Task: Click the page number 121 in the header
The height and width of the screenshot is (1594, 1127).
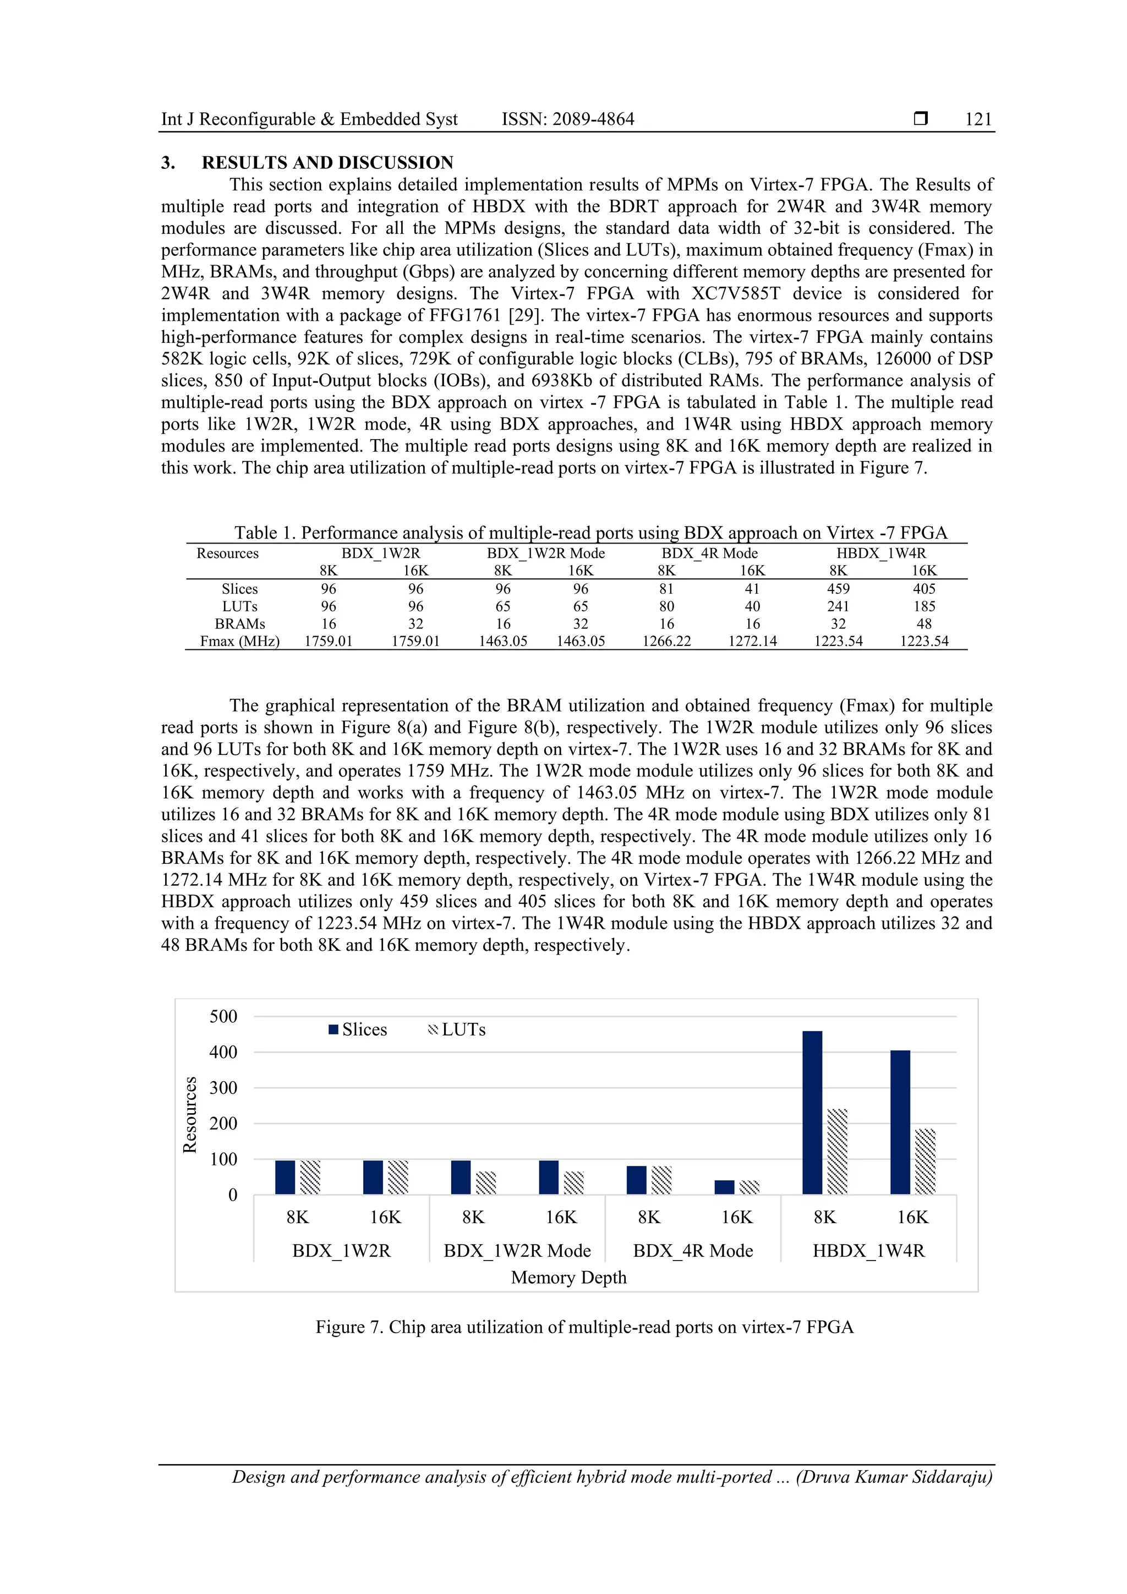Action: (x=978, y=119)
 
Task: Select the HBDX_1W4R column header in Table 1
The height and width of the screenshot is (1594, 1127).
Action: (x=880, y=554)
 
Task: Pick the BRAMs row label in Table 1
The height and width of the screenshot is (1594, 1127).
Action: (x=239, y=623)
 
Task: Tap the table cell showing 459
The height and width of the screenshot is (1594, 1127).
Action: (x=838, y=589)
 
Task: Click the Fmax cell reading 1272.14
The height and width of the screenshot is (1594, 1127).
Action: (x=752, y=642)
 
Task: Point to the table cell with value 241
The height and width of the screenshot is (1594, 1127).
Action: (x=838, y=606)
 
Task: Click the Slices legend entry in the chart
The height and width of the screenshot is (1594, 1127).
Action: (x=358, y=1029)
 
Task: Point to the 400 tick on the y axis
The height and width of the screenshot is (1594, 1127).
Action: (x=223, y=1052)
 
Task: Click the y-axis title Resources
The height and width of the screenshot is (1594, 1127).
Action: (x=189, y=1115)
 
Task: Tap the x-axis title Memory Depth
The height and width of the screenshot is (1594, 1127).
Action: (x=568, y=1278)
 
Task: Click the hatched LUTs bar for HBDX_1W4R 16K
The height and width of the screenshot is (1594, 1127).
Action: (x=925, y=1161)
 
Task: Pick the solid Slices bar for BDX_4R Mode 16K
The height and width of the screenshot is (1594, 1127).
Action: (x=724, y=1187)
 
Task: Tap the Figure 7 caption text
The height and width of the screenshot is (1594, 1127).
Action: (x=584, y=1327)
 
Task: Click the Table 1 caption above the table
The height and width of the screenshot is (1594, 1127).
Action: (x=590, y=533)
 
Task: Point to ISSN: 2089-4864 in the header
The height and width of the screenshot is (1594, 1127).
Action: (x=567, y=119)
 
